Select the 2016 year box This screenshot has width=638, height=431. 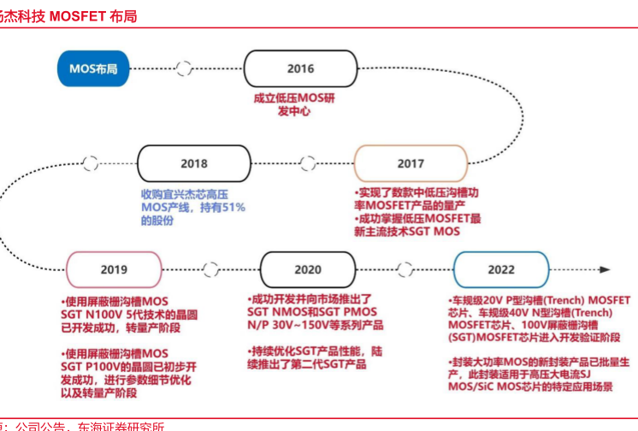click(300, 68)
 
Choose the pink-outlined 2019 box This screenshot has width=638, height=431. click(114, 269)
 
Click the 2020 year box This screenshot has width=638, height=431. click(308, 269)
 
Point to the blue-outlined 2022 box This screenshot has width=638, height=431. click(501, 269)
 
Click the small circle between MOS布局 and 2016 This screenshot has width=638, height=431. click(184, 68)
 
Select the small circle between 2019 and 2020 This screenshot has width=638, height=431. click(210, 269)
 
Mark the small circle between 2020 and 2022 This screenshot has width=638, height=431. click(405, 269)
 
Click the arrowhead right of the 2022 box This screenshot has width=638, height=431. click(605, 269)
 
